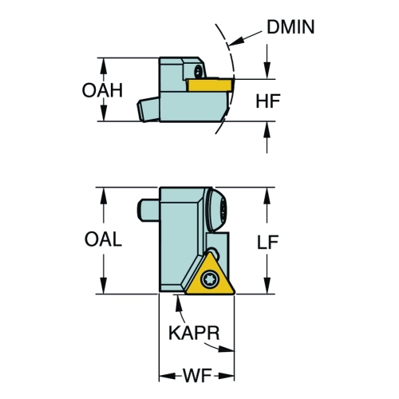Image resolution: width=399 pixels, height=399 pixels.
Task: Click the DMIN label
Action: (290, 27)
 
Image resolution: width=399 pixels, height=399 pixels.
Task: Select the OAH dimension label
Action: (102, 90)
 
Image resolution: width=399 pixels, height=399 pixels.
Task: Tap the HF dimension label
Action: (268, 101)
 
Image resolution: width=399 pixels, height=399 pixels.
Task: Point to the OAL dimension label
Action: (103, 239)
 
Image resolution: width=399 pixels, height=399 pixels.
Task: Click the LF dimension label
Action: (267, 242)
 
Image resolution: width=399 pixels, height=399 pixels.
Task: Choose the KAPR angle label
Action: (194, 333)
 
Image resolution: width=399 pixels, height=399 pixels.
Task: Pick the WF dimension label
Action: (197, 376)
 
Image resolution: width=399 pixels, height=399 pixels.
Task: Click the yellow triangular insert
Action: (210, 277)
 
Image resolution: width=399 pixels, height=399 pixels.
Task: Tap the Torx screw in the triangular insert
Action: (210, 279)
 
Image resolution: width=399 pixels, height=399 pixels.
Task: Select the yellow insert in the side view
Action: (210, 85)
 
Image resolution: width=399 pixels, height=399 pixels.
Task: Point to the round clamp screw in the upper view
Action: (198, 71)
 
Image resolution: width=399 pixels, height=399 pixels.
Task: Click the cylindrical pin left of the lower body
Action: (148, 210)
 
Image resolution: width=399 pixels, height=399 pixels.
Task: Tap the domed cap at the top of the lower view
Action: (216, 210)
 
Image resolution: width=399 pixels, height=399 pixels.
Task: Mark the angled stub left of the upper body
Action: (148, 109)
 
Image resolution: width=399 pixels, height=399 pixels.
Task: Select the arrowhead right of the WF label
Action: (227, 376)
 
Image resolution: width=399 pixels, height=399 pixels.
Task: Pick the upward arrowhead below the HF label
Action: (267, 130)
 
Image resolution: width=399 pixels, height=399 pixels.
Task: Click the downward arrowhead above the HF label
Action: (267, 70)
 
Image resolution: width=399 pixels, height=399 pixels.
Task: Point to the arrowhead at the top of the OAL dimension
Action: (104, 196)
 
